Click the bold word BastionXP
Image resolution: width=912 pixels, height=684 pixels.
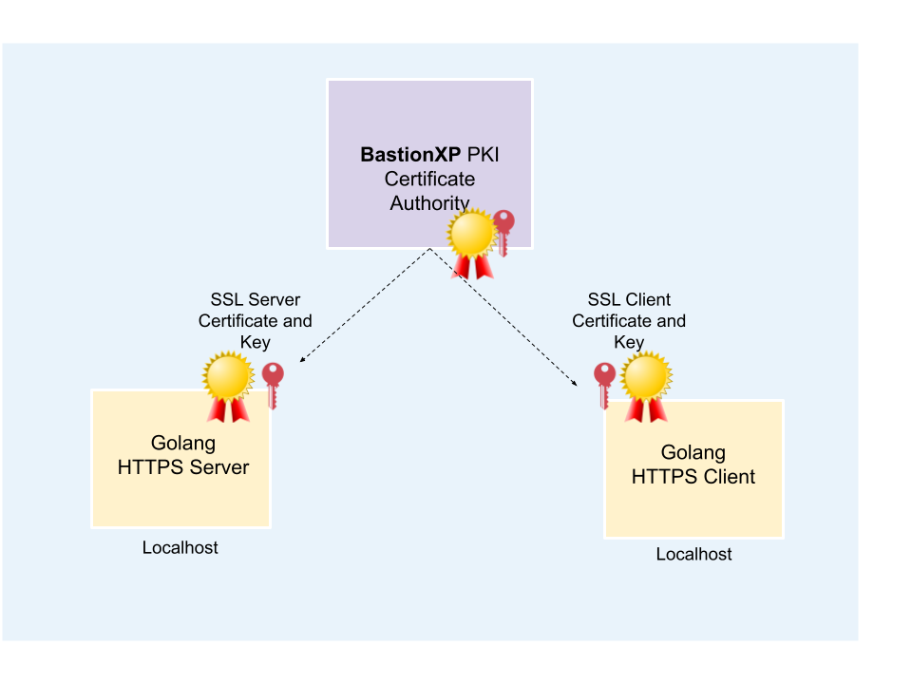(x=410, y=155)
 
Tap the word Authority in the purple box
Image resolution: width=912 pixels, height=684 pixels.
(x=429, y=202)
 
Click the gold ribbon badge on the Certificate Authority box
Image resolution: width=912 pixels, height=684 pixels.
(x=472, y=237)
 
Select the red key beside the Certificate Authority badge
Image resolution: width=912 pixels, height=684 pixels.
(x=503, y=231)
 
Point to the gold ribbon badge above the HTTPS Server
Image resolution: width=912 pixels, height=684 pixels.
(x=228, y=379)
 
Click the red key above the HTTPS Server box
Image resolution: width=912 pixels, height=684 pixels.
(x=273, y=383)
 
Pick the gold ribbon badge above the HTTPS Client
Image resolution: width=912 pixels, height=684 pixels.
(x=646, y=379)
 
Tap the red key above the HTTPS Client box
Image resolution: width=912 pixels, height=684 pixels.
(x=604, y=383)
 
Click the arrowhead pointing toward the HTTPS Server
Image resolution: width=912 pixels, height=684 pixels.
(x=303, y=359)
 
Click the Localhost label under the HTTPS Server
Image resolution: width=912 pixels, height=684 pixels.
(x=180, y=548)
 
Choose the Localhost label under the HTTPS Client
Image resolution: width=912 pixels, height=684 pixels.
(x=693, y=555)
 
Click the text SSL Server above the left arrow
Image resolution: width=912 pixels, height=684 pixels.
(x=255, y=300)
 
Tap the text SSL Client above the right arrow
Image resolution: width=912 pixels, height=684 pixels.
(x=629, y=300)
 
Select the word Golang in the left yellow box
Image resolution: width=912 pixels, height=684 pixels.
(x=183, y=444)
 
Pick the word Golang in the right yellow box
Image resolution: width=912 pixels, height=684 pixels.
(x=693, y=453)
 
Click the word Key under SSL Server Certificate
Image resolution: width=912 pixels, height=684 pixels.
(x=255, y=342)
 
